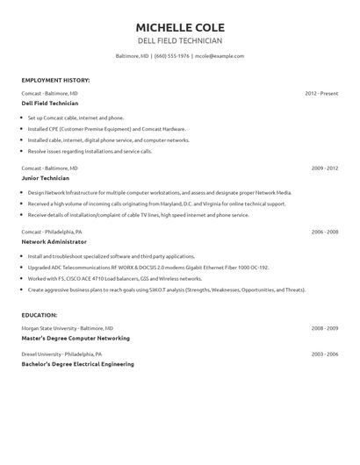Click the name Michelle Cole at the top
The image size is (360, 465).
pos(180,24)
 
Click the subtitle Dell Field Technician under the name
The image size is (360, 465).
pos(180,40)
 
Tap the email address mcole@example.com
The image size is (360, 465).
pos(220,55)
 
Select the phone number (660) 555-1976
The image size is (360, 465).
pos(172,55)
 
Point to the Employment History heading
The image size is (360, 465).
pos(55,80)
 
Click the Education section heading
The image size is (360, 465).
pos(40,314)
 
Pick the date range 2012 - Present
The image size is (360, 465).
pos(321,92)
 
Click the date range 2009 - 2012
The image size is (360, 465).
pos(325,167)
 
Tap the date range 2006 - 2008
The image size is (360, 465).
pos(325,231)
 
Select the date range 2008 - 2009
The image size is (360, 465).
pos(325,327)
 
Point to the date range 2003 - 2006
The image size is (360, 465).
pos(325,354)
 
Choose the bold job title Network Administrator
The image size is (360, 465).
pos(54,241)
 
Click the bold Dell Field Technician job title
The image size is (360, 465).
pos(50,103)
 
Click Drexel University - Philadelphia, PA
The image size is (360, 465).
pos(61,354)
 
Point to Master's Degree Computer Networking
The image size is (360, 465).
pos(76,338)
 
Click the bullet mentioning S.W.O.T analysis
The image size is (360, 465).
pos(167,289)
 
